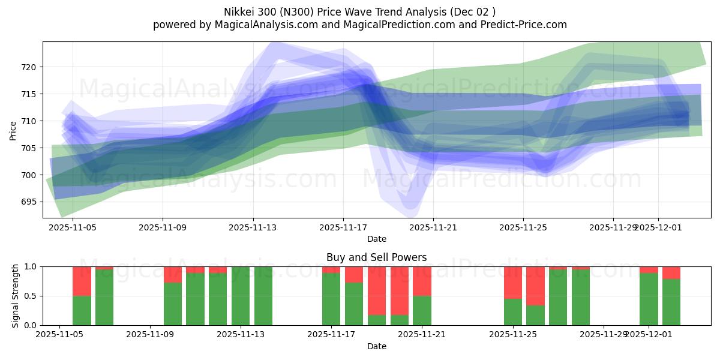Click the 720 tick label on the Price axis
tap(29, 67)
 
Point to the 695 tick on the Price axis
tap(29, 202)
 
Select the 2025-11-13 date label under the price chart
tap(253, 228)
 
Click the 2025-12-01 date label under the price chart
tap(658, 228)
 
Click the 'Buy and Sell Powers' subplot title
tap(376, 257)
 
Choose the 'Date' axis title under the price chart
tap(376, 239)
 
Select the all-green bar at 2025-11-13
tap(241, 296)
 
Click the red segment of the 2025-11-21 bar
tap(422, 281)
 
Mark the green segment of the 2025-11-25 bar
tap(513, 312)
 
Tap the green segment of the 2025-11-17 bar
tap(331, 299)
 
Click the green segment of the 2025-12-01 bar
tap(649, 299)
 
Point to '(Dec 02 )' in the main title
tap(472, 12)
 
